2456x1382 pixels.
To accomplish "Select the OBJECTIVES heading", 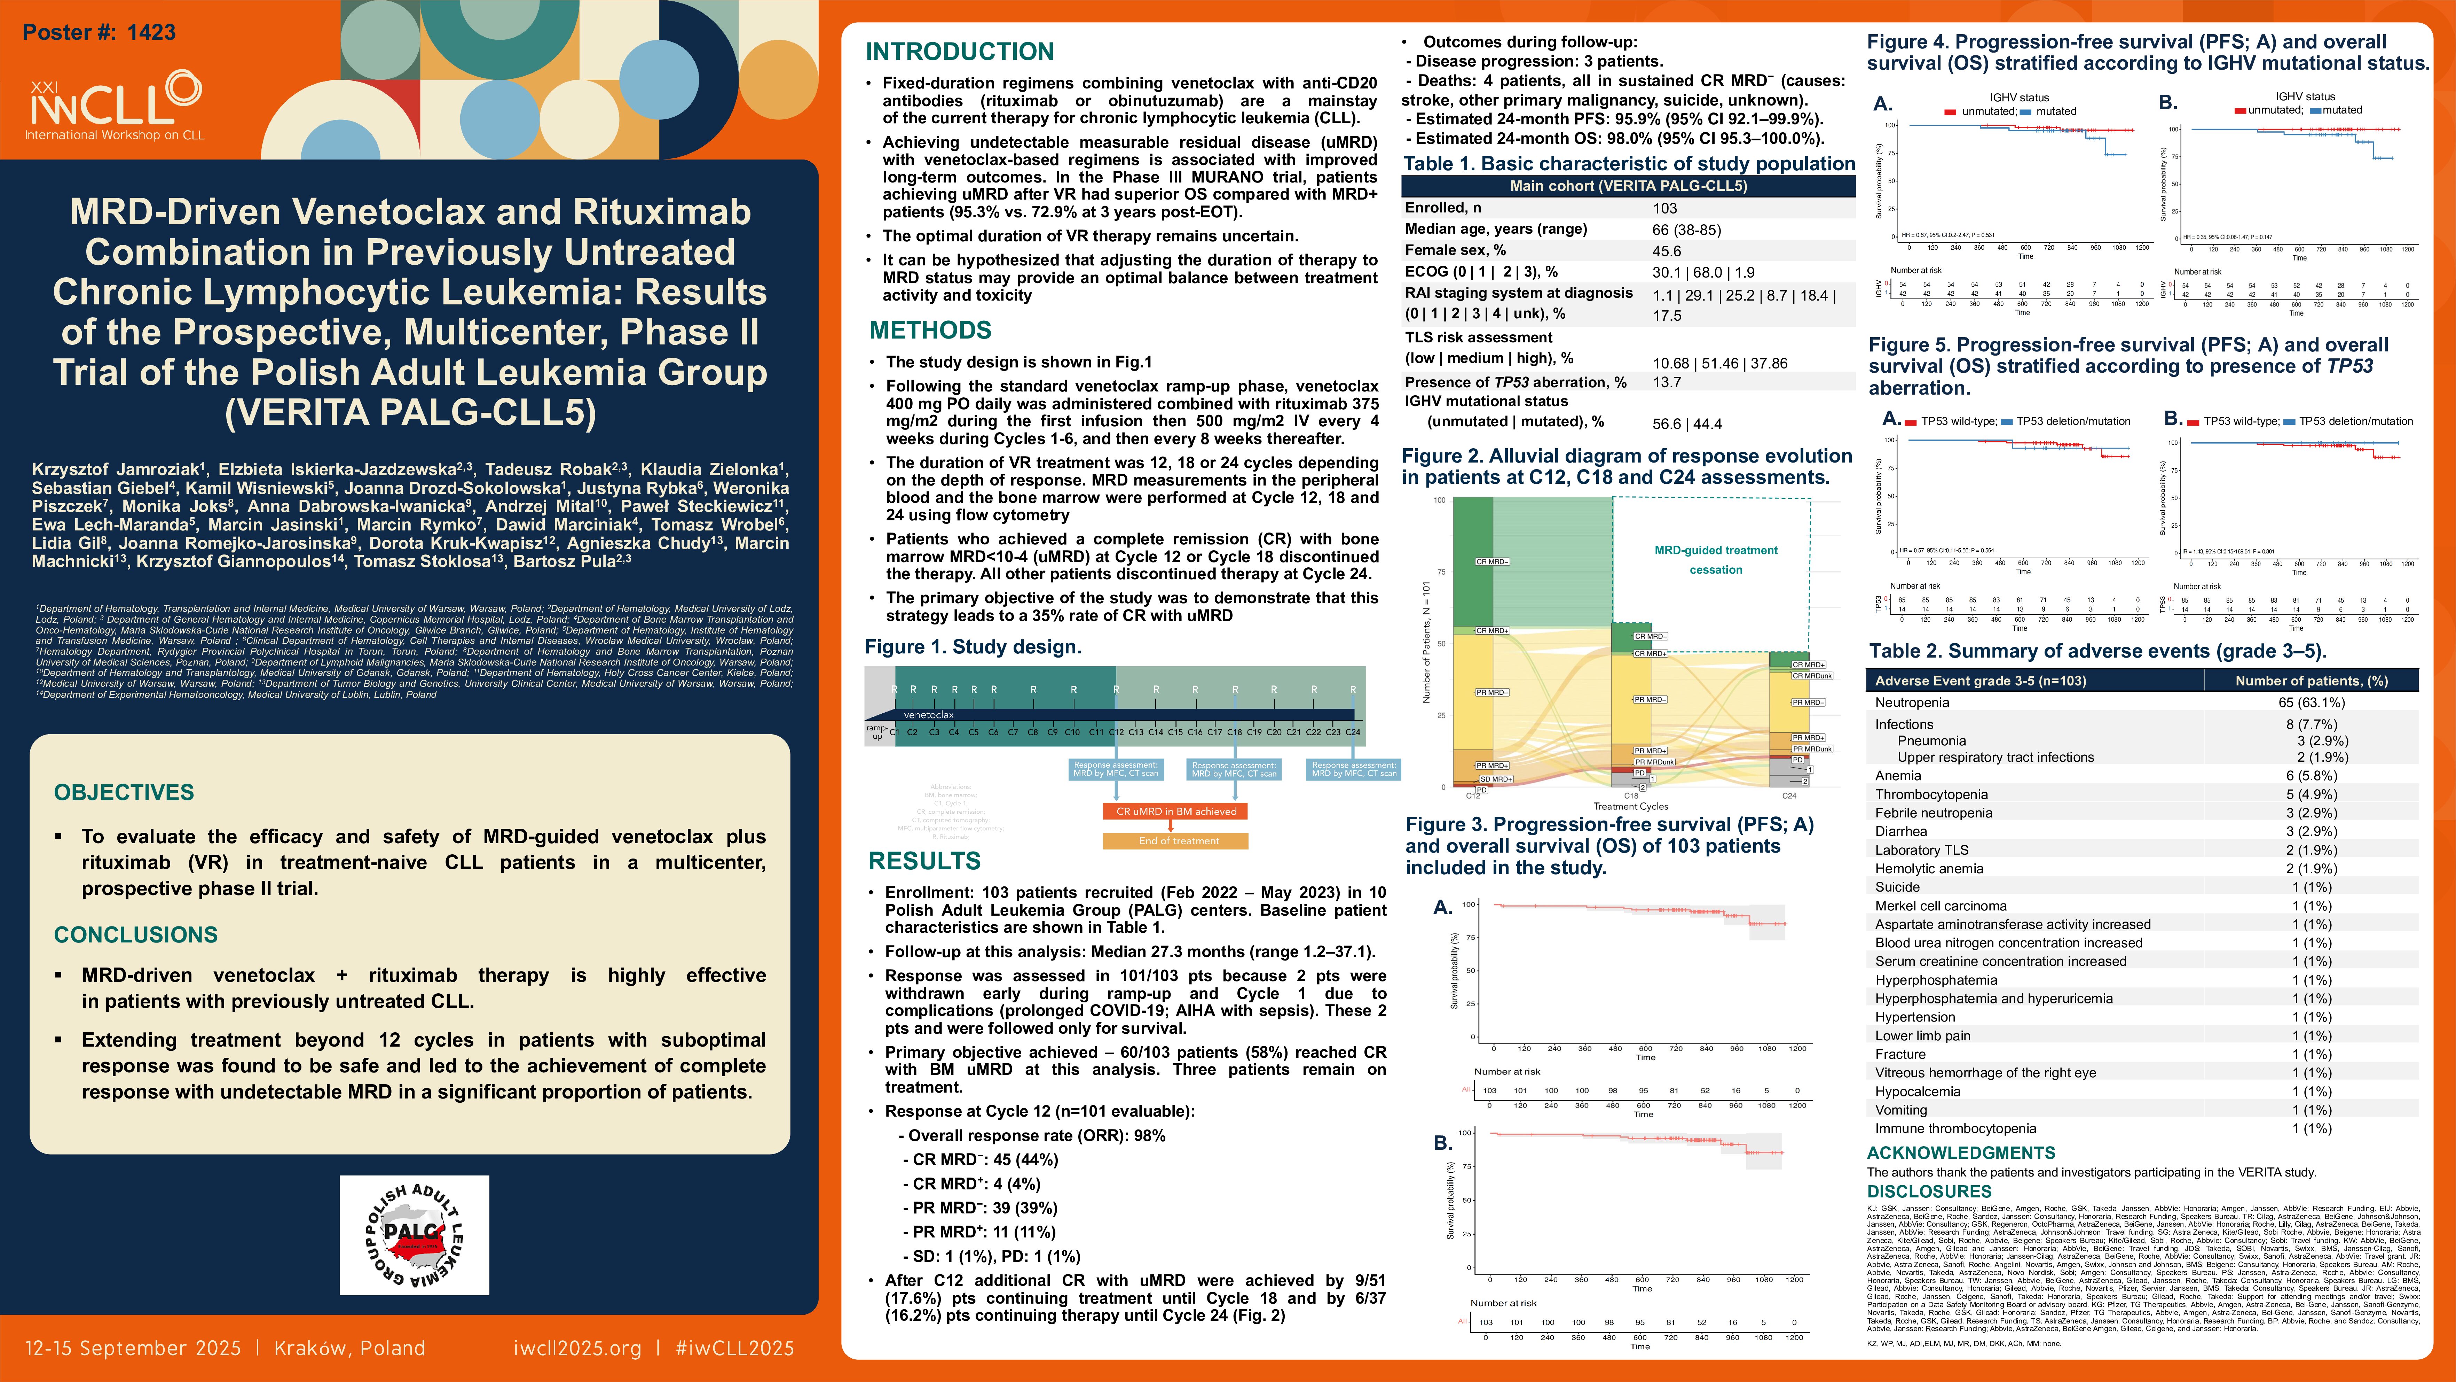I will [124, 793].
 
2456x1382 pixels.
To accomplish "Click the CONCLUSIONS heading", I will [135, 935].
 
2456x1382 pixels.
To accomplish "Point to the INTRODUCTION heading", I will [959, 52].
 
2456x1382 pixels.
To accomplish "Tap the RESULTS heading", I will [924, 861].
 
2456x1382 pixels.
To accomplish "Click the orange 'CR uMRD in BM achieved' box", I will [1175, 812].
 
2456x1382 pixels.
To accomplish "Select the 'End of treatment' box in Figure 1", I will [1175, 841].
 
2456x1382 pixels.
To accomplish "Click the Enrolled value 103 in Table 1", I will [1665, 208].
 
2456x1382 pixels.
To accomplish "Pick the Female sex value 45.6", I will [1667, 251].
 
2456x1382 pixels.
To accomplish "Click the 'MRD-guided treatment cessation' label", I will [1715, 560].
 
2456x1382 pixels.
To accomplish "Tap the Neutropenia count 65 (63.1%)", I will [2311, 703].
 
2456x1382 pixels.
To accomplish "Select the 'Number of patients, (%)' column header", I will [2311, 681].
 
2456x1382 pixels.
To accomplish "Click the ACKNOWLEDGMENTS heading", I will [1960, 1153].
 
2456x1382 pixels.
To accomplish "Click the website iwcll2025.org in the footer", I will [577, 1348].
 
